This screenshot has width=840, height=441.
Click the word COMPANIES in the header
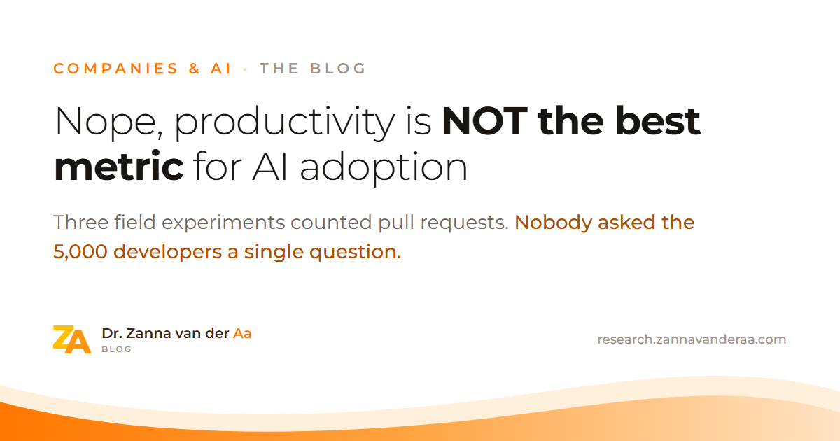115,69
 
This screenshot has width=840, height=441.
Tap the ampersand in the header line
195,69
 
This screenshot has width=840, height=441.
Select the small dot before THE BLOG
245,69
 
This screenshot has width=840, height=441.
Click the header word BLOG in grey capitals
338,69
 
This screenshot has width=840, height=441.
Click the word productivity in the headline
285,123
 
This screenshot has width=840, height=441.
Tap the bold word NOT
485,121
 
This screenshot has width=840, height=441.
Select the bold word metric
119,166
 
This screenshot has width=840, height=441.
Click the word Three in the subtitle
81,222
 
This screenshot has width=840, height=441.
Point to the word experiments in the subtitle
223,223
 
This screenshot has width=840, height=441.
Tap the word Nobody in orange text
553,223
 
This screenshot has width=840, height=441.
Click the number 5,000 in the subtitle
80,251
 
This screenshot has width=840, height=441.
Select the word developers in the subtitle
167,253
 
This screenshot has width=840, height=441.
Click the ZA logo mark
72,339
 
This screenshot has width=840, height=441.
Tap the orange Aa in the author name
242,333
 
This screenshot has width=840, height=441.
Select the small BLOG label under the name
116,349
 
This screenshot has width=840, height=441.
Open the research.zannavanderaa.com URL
692,339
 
